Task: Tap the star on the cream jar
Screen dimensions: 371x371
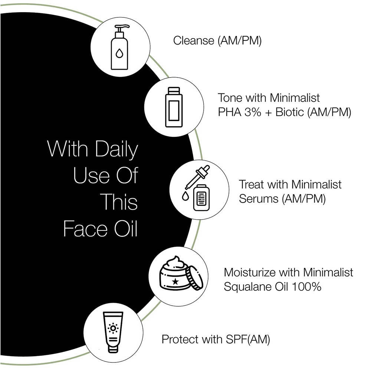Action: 175,282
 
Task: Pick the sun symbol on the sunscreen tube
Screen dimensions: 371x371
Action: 113,328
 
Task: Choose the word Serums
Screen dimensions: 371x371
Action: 259,198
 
